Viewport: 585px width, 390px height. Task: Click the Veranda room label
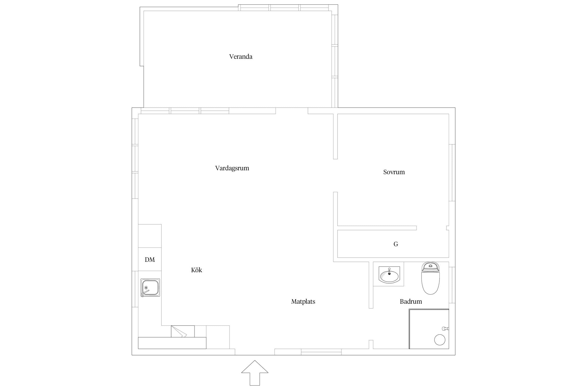pos(240,57)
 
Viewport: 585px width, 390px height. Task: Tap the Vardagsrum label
pos(232,168)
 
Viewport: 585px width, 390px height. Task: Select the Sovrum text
pos(394,172)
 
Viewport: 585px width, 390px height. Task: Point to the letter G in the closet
pos(396,244)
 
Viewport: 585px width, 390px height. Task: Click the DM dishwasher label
pos(150,259)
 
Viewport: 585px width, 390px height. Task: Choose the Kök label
pos(197,270)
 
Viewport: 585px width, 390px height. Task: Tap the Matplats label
pos(303,302)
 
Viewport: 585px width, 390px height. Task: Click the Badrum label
pos(411,302)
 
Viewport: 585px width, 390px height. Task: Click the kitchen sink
pos(150,288)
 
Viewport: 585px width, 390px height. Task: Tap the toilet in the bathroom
pos(430,278)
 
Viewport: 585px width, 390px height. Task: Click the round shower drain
pos(440,340)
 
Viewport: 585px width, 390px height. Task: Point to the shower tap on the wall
pos(445,329)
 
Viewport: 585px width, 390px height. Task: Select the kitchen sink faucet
pos(145,293)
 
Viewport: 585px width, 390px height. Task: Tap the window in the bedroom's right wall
pos(452,173)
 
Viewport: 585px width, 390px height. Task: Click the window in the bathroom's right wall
pos(452,285)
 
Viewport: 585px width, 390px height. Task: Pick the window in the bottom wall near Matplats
pos(321,352)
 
